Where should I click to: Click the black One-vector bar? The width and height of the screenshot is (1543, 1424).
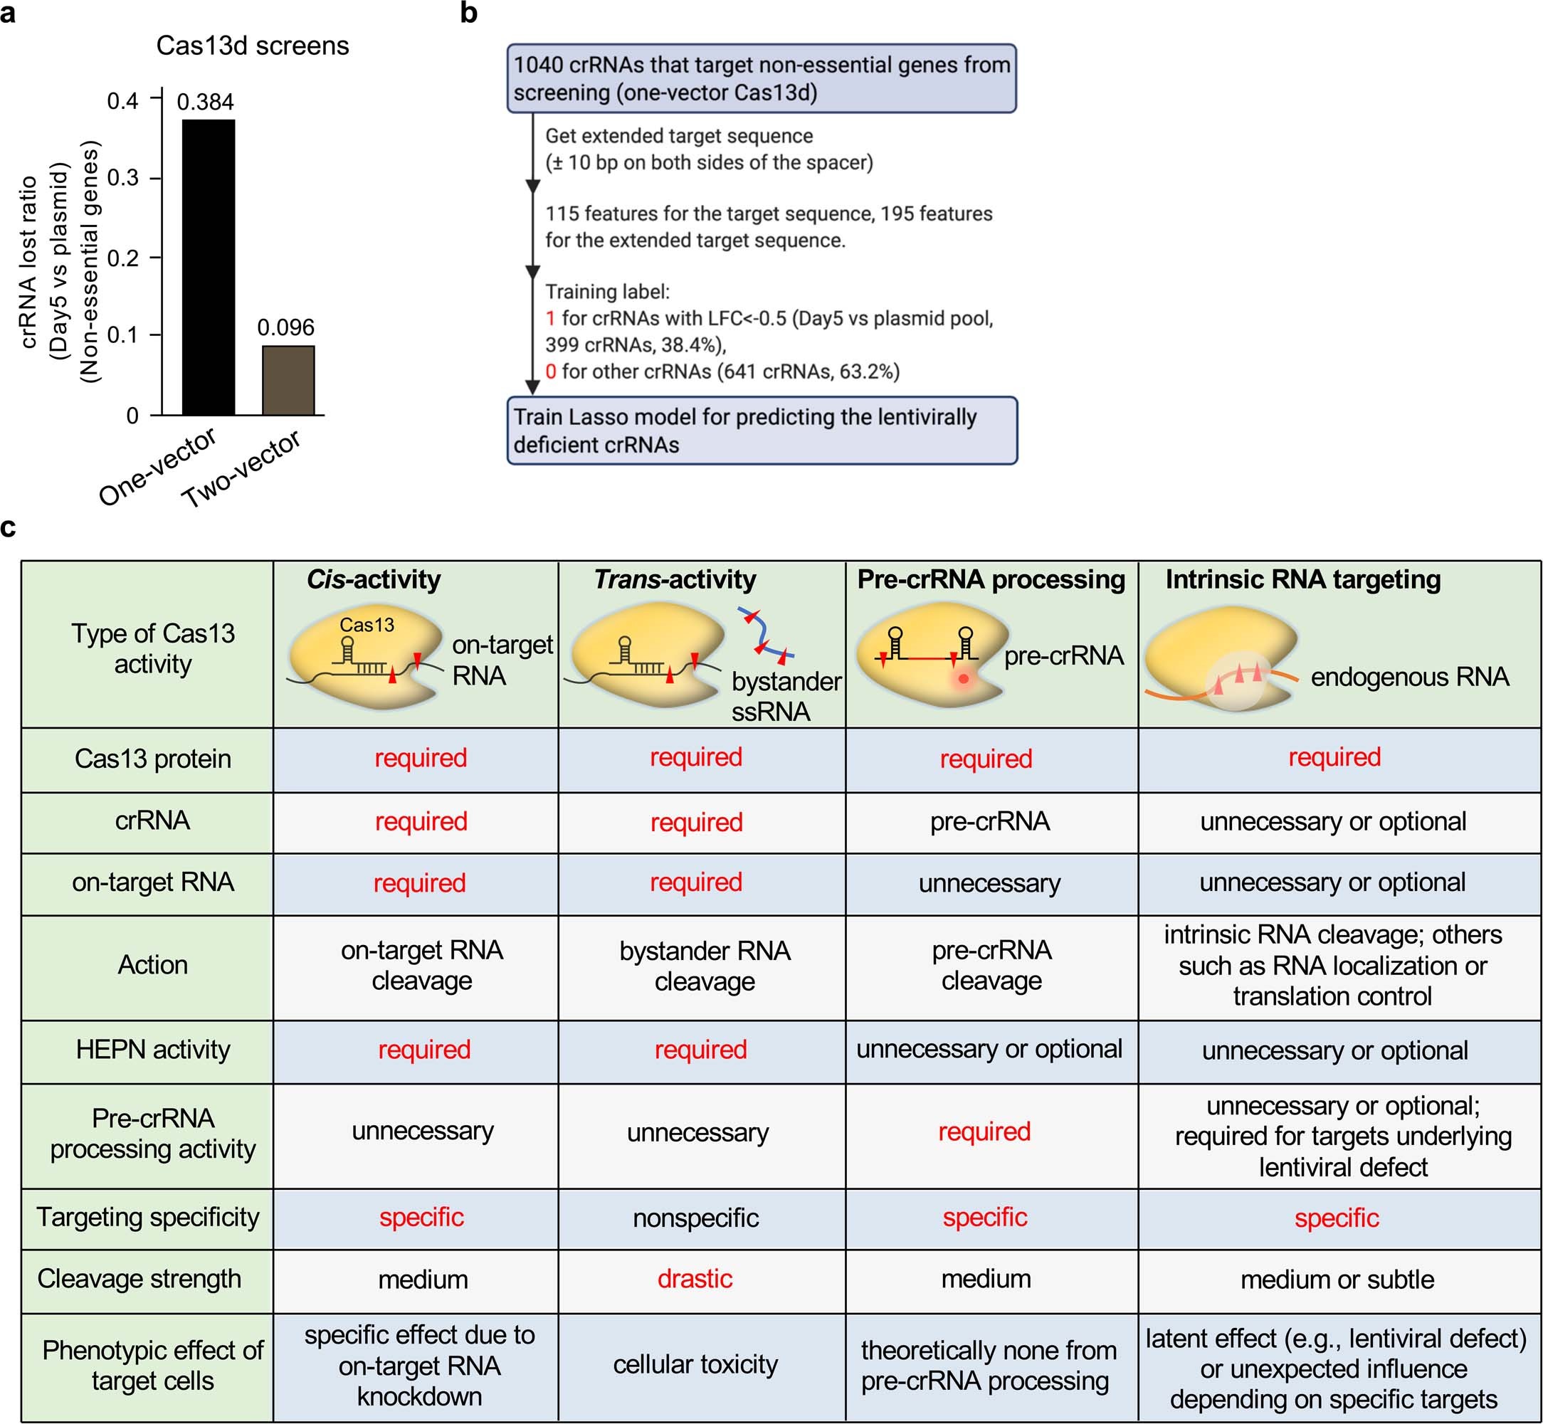208,268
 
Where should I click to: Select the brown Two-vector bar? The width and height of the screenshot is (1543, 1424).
288,380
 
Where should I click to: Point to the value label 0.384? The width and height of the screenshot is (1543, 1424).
205,102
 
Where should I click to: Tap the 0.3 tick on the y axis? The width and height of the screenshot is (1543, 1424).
122,178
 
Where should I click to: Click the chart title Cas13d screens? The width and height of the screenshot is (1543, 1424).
252,46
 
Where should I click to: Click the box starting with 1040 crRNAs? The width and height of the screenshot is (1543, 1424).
761,78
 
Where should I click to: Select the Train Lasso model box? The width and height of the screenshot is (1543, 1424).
761,431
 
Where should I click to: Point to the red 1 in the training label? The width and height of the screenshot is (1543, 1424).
550,318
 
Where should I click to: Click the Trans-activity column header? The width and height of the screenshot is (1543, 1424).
675,579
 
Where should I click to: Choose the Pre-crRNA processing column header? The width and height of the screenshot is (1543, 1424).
991,579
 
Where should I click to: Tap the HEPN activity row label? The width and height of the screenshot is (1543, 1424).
152,1050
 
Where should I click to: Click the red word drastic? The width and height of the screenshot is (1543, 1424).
695,1278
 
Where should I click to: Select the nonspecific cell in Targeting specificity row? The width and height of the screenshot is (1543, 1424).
695,1218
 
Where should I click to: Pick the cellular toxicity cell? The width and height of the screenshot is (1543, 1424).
695,1364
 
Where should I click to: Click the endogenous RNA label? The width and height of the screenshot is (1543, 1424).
1409,677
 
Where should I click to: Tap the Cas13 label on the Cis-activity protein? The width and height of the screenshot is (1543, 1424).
367,624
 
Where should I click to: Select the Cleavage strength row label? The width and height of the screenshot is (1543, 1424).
139,1278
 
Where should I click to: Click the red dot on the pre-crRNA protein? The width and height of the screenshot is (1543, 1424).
964,679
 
